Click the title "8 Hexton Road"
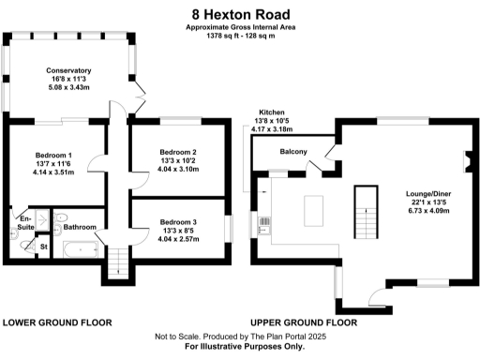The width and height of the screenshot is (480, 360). pos(239,14)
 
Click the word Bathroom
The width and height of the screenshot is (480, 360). pos(81,227)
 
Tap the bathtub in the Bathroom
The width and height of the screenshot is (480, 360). pos(80,250)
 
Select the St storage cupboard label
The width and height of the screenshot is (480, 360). pos(44,247)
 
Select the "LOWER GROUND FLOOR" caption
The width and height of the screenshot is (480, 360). pos(57,322)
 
